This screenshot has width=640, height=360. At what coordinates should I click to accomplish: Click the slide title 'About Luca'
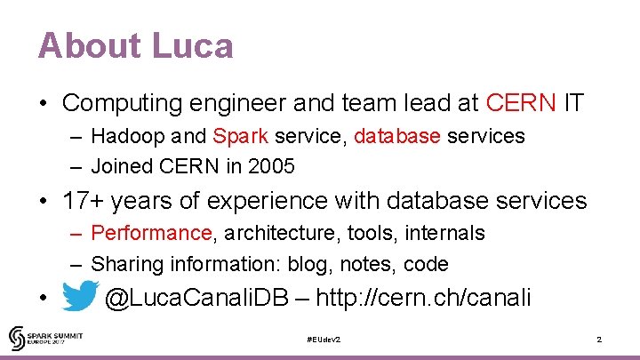point(135,45)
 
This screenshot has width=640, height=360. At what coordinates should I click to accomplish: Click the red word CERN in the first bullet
point(521,103)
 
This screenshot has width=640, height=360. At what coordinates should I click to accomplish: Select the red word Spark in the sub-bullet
point(236,137)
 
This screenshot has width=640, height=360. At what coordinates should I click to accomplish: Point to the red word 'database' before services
point(397,137)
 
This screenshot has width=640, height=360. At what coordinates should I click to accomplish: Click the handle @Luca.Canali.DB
point(196,298)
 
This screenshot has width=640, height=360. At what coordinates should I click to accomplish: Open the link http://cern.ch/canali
point(423,298)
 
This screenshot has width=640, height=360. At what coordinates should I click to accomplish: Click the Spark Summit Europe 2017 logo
point(44,339)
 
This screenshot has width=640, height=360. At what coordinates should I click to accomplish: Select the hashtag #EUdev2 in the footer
point(323,340)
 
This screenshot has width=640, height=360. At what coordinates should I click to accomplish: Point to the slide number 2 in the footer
point(599,340)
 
